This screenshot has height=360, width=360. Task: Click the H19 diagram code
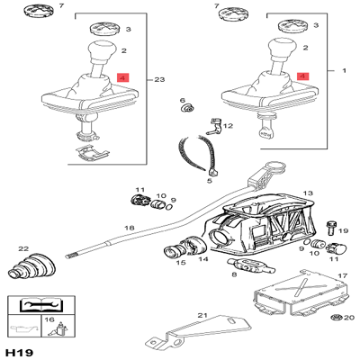(x=21, y=352)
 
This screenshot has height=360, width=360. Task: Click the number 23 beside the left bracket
(x=159, y=79)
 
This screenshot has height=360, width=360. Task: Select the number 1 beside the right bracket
(x=344, y=70)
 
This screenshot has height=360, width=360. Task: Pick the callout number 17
(x=342, y=275)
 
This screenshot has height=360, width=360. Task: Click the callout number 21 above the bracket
(x=202, y=315)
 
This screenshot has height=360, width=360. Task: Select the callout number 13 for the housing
(x=308, y=193)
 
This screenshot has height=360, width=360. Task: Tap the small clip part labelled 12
(x=213, y=126)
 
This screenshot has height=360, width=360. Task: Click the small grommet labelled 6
(x=187, y=107)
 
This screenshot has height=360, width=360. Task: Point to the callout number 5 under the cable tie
(x=210, y=181)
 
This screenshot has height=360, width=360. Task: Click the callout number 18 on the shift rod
(x=130, y=228)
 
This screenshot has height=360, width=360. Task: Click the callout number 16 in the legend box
(x=49, y=319)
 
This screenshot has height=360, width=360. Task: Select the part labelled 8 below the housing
(x=251, y=265)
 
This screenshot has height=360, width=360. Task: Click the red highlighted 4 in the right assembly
(x=302, y=76)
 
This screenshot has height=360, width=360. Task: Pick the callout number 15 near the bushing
(x=181, y=263)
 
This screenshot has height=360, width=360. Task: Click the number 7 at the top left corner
(x=61, y=5)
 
